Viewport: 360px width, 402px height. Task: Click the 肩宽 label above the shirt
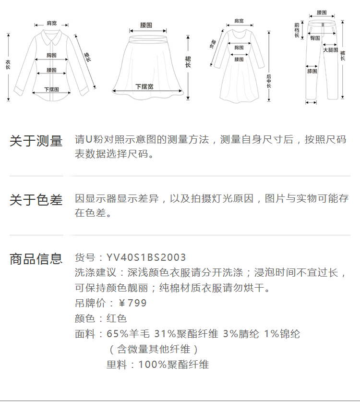click(51, 23)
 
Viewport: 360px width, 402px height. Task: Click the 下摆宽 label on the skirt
click(144, 87)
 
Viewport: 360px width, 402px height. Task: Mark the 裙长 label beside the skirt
click(188, 62)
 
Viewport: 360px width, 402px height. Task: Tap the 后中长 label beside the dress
click(269, 81)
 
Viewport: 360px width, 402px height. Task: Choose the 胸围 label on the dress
click(239, 48)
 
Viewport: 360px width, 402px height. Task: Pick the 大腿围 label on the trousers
click(330, 49)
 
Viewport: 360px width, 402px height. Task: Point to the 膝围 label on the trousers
click(312, 72)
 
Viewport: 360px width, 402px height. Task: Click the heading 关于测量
click(36, 141)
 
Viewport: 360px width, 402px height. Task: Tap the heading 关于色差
click(36, 200)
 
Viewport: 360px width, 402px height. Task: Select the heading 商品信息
click(36, 259)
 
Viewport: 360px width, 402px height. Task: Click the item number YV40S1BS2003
click(146, 258)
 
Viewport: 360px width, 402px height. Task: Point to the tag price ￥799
click(132, 303)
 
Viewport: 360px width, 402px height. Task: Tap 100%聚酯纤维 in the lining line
click(173, 365)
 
